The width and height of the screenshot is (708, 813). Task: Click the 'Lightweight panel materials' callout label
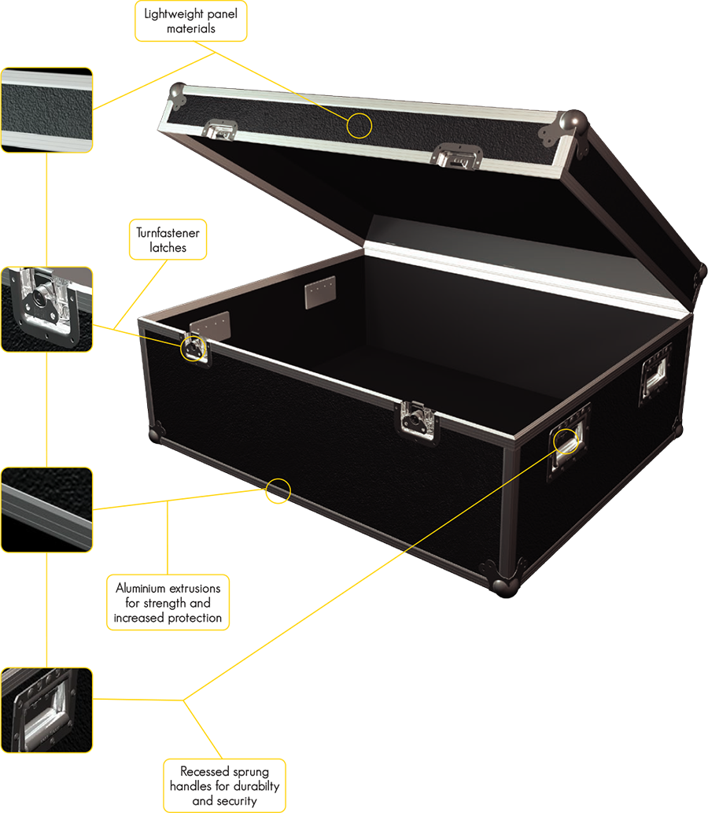tap(190, 21)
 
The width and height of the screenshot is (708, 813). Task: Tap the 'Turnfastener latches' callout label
tap(168, 239)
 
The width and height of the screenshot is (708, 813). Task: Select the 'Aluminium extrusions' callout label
tap(168, 603)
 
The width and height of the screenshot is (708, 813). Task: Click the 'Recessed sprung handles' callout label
tap(224, 785)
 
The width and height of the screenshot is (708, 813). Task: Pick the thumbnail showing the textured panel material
tap(46, 110)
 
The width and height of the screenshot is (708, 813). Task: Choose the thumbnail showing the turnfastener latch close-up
tap(46, 309)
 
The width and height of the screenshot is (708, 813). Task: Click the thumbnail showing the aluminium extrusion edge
tap(46, 510)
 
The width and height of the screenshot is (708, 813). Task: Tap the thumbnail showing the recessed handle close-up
tap(46, 710)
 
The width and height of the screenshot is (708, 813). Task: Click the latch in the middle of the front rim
tap(417, 420)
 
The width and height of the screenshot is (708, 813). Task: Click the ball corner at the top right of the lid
tap(573, 122)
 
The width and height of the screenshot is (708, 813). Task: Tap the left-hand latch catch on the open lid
tap(221, 129)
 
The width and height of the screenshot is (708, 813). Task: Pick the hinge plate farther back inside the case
tap(320, 292)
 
